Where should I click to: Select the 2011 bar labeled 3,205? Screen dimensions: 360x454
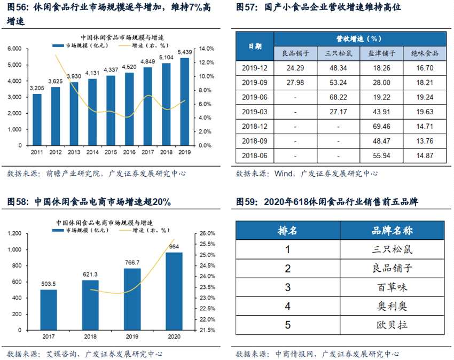click(x=37, y=119)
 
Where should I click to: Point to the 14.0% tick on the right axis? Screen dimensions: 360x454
click(x=206, y=49)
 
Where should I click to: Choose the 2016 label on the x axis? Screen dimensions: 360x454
click(x=129, y=152)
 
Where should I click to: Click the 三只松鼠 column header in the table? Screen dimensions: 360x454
click(x=339, y=53)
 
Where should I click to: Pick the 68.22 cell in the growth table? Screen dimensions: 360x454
click(x=339, y=97)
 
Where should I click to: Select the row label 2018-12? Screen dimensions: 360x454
click(x=254, y=127)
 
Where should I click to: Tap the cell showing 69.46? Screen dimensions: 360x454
click(x=382, y=127)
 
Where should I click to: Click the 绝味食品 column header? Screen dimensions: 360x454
click(x=425, y=53)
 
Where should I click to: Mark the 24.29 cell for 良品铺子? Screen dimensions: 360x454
click(x=295, y=68)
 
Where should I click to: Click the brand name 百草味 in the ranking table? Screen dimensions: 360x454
click(x=392, y=287)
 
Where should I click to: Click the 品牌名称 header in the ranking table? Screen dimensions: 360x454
click(x=392, y=230)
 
